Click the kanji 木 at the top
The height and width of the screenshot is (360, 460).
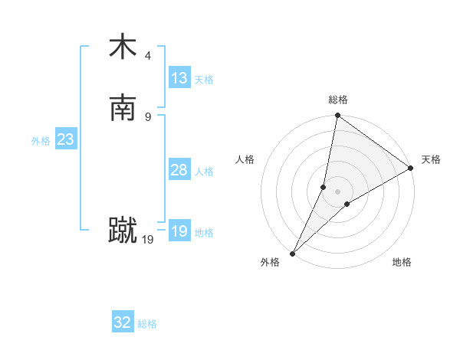point(123,47)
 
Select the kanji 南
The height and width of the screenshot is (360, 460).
point(123,108)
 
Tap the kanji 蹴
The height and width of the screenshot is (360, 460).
point(123,231)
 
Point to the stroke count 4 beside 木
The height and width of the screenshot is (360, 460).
point(148,55)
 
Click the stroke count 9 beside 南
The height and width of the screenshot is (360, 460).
point(148,116)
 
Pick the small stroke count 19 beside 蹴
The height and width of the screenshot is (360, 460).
point(148,240)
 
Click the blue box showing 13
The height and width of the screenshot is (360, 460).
point(179,78)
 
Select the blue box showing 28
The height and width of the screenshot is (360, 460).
point(179,170)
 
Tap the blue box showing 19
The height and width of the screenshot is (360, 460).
point(179,231)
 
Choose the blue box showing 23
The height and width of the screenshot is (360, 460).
point(65,139)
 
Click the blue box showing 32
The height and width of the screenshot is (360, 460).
point(123,322)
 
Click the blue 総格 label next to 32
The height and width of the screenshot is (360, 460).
point(147,324)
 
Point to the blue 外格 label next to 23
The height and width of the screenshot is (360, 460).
point(41,141)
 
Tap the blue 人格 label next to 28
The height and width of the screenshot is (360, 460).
point(204,172)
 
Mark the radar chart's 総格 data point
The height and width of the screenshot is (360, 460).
point(337,116)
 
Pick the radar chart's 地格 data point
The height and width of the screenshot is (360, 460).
point(347,204)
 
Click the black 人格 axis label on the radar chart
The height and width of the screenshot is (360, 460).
point(245,159)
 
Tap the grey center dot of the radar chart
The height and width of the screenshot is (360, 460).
point(337,191)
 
